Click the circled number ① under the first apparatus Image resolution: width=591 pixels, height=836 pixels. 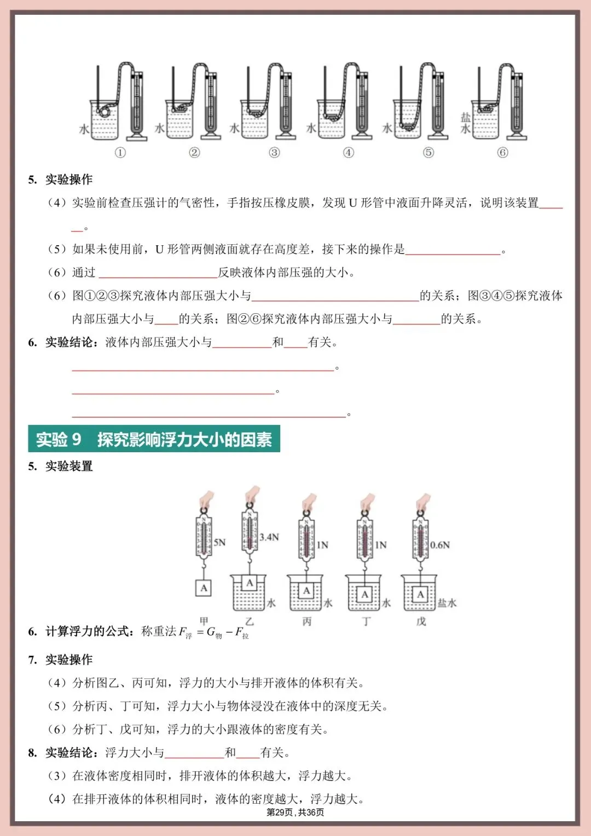pos(120,153)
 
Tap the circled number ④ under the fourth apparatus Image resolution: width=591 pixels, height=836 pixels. pos(348,153)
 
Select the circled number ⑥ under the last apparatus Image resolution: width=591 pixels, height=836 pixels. pos(502,153)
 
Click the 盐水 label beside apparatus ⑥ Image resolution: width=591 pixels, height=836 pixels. pos(465,123)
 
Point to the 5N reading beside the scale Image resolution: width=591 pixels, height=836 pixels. pos(219,543)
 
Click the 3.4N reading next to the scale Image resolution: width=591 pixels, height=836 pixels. pos(269,537)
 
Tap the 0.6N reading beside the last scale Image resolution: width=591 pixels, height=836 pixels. pos(440,545)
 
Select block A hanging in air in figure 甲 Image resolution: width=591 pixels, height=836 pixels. pos(204,588)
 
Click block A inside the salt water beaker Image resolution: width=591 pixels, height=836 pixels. pos(420,595)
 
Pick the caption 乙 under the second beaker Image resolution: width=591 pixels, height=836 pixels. pos(250,621)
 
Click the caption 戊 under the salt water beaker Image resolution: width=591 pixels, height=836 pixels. pos(421,621)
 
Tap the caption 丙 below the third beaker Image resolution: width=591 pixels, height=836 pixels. pos(307,621)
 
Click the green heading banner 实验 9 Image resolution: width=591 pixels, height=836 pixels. pos(154,439)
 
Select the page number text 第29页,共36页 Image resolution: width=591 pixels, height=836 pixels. pos(295,812)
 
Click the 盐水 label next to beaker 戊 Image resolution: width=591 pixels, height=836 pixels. pos(447,603)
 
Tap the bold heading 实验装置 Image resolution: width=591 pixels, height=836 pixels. pos(69,466)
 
